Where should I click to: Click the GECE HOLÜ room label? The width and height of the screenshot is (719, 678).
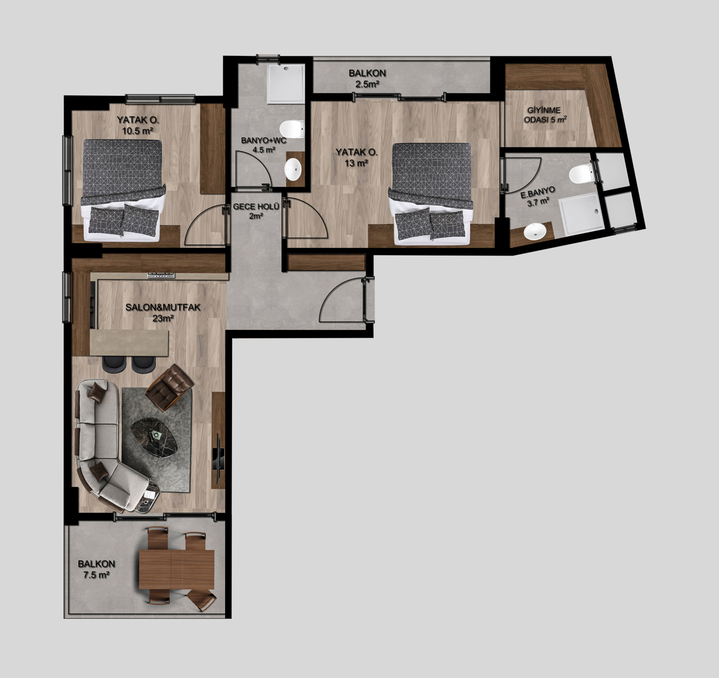pos(256,211)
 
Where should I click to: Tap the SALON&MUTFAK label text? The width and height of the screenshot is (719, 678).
pos(163,307)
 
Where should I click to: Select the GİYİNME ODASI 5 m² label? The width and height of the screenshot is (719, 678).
pos(546,115)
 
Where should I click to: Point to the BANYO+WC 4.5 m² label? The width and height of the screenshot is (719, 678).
pos(264,145)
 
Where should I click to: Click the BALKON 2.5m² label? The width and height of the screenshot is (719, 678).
pos(367,79)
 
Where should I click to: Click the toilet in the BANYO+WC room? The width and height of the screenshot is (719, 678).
pos(292,129)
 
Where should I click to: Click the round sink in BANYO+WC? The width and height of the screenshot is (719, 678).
pos(293,169)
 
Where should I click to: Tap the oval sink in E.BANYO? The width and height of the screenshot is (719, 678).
pos(534,231)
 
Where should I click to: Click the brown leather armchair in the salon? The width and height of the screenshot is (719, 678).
pos(169,387)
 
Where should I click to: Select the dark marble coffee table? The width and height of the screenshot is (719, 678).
pos(154,438)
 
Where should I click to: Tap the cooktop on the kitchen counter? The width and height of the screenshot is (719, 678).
pos(161,275)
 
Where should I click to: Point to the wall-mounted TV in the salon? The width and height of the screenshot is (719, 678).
pos(218,458)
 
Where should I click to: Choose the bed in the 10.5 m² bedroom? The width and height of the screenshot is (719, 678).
pos(122,190)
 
